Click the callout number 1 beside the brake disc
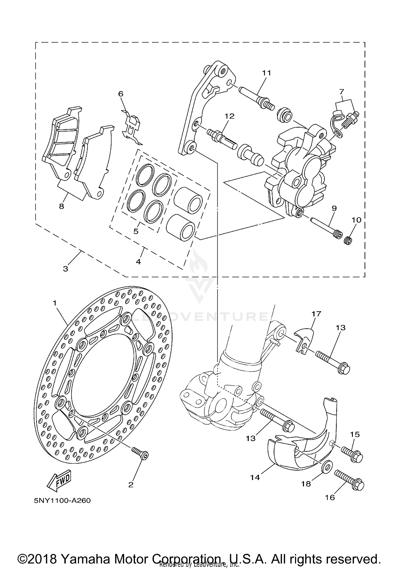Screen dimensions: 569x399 55,303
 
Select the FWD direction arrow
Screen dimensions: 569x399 60,481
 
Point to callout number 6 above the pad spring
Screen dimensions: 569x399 121,94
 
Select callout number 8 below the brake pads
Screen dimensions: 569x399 61,206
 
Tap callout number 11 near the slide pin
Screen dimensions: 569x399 267,72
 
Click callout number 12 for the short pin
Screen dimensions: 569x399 230,116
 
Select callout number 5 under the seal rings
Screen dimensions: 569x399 136,231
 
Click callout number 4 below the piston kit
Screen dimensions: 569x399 138,262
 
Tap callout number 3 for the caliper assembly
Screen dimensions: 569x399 65,268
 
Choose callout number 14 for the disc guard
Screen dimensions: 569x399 255,477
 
